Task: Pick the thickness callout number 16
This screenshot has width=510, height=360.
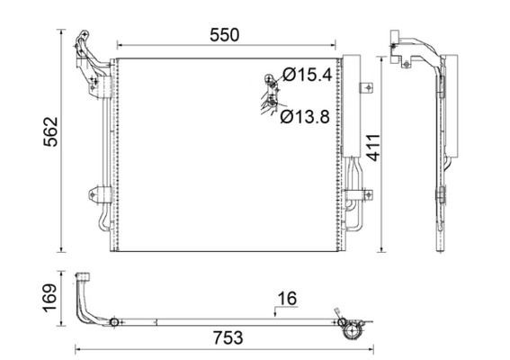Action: click(287, 298)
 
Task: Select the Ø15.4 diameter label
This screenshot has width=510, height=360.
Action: click(308, 75)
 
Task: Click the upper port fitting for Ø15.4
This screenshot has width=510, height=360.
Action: click(269, 82)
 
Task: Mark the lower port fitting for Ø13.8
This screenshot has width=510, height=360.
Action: click(269, 107)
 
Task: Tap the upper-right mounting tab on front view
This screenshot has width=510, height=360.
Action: click(365, 88)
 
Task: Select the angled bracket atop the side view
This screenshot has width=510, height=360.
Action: click(414, 49)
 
